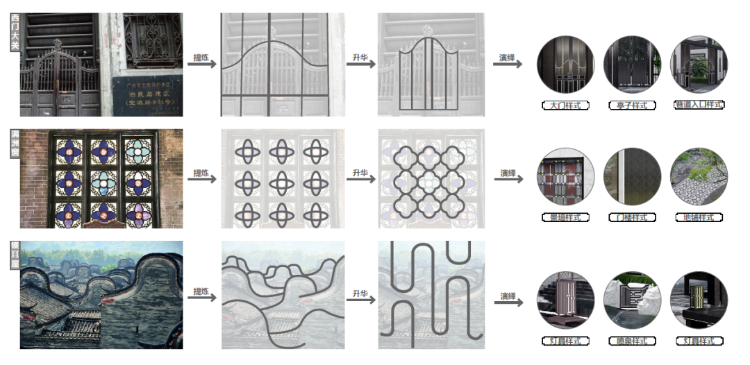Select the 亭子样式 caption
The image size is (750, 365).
(631, 105)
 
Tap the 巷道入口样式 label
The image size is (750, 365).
(698, 105)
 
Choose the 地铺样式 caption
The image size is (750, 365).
(698, 217)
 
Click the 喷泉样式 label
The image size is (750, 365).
(631, 341)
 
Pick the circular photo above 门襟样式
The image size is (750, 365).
(631, 176)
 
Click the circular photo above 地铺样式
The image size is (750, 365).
(699, 176)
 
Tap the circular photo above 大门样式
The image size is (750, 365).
(565, 65)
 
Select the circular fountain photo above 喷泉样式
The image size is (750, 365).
(631, 300)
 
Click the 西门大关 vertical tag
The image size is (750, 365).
(15, 32)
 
